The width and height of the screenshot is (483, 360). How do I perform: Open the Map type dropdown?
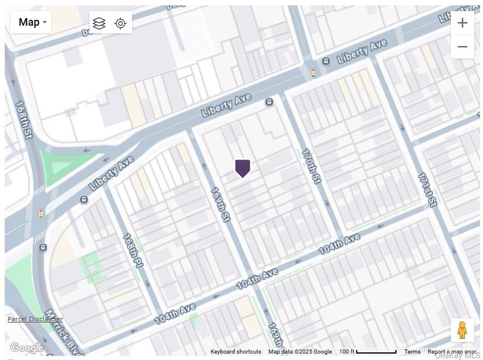pyautogui.click(x=31, y=22)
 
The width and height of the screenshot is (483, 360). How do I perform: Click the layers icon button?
pyautogui.click(x=99, y=23)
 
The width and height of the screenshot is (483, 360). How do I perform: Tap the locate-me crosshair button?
pyautogui.click(x=120, y=23)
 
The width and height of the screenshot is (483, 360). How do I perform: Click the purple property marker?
pyautogui.click(x=243, y=168)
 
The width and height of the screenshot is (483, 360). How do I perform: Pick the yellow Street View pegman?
pyautogui.click(x=462, y=330)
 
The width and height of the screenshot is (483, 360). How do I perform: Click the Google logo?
pyautogui.click(x=26, y=348)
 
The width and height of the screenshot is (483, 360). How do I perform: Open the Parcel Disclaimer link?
pyautogui.click(x=35, y=319)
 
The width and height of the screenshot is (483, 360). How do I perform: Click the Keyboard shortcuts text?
pyautogui.click(x=236, y=352)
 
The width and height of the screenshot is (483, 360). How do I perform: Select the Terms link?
pyautogui.click(x=412, y=352)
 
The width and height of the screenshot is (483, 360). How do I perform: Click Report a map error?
pyautogui.click(x=452, y=352)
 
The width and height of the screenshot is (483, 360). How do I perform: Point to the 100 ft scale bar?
pyautogui.click(x=368, y=352)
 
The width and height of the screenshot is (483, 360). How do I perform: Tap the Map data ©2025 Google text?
pyautogui.click(x=300, y=352)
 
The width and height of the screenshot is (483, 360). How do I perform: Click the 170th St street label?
pyautogui.click(x=312, y=166)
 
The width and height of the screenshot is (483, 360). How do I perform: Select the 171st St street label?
pyautogui.click(x=427, y=189)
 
